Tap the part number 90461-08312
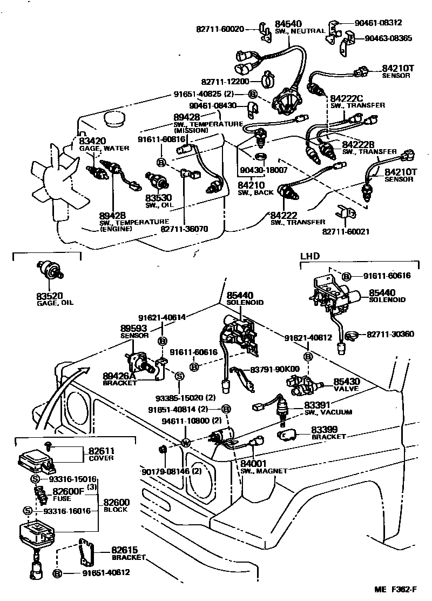(378, 23)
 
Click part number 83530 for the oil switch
(157, 198)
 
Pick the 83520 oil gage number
(50, 296)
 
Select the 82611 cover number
(98, 451)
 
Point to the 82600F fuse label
(68, 492)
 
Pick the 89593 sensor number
(133, 328)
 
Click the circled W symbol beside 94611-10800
(185, 443)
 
